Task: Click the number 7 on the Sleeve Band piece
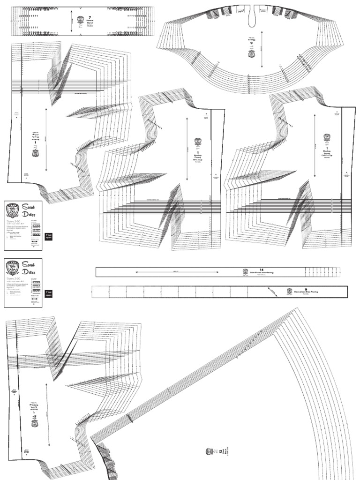coord(90,17)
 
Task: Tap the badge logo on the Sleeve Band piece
coord(80,20)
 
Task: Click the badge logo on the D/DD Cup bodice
coord(327,138)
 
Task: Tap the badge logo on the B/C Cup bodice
coord(197,141)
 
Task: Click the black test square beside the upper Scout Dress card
coord(48,237)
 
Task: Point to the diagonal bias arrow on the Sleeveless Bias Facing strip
coord(272,291)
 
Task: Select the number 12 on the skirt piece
coord(220,451)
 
